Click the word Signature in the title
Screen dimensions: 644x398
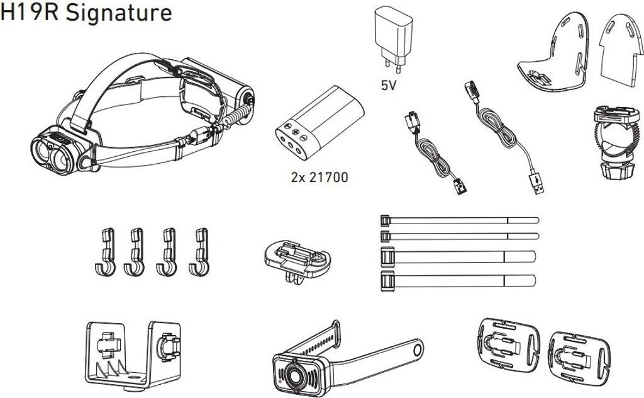coord(119,13)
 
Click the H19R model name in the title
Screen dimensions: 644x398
coord(30,13)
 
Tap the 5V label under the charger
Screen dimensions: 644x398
coord(388,85)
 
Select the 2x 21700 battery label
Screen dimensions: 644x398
coord(319,177)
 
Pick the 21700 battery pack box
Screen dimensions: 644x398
coord(319,123)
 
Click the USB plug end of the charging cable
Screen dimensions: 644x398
coord(536,183)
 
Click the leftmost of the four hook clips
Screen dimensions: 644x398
coord(106,252)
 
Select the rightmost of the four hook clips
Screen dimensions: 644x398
coord(199,252)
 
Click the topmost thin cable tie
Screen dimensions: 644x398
coord(460,221)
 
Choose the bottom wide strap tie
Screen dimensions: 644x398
coord(458,281)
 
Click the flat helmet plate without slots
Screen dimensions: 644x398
coord(620,50)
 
